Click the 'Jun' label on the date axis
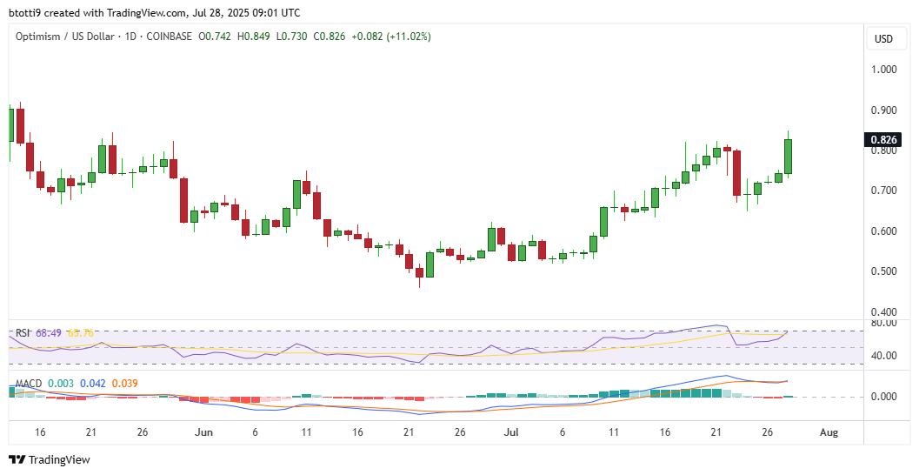203,432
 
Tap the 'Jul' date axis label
511,432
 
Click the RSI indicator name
23,332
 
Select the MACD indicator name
29,383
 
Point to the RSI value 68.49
50,332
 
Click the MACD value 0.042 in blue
93,383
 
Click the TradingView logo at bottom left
50,459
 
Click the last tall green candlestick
789,157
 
